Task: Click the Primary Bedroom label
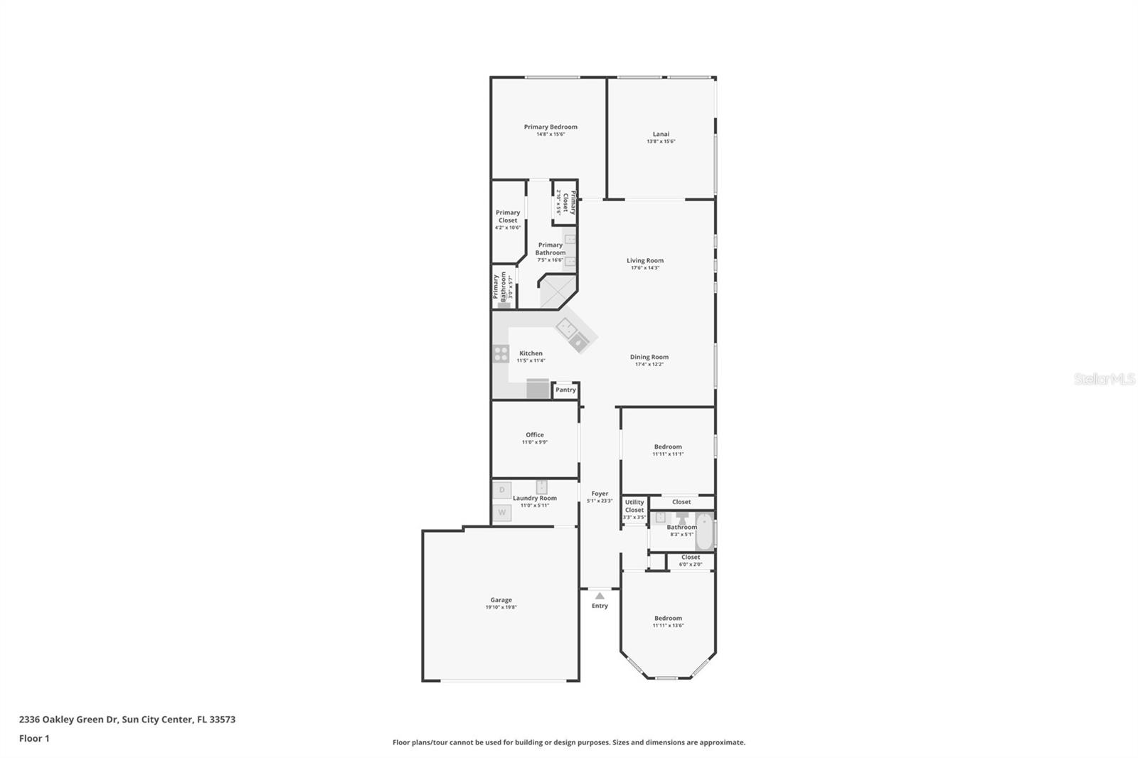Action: (551, 127)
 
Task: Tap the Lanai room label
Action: (661, 134)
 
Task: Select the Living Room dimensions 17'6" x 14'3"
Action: (645, 268)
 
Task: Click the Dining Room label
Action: (649, 357)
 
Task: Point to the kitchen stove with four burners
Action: (501, 353)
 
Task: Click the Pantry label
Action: (565, 390)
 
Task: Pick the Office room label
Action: (535, 434)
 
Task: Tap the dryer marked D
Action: (502, 490)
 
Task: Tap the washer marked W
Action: (502, 512)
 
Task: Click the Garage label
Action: (501, 599)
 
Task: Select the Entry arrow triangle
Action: (600, 596)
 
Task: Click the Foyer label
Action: (600, 493)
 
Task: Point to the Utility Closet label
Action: (634, 506)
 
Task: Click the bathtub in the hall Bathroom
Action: (703, 530)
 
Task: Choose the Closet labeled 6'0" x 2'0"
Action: (690, 560)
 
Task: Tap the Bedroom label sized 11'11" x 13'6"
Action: (668, 618)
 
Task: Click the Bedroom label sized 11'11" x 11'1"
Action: (668, 447)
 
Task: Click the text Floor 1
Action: (34, 738)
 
